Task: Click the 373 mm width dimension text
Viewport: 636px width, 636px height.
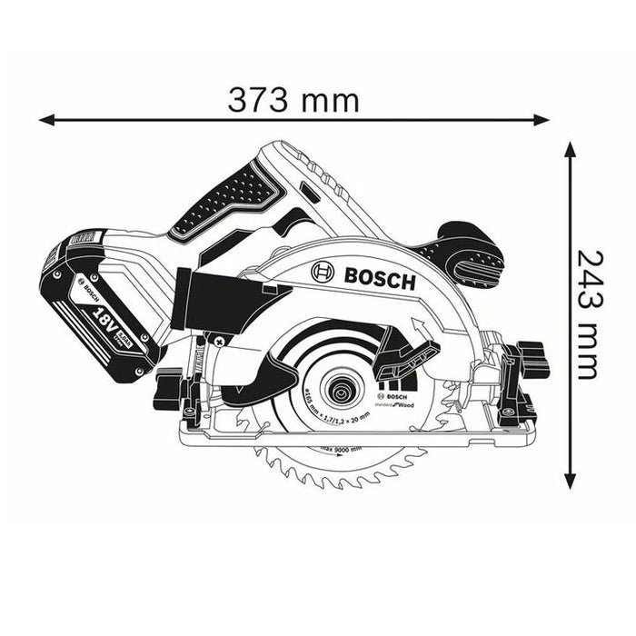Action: pyautogui.click(x=293, y=98)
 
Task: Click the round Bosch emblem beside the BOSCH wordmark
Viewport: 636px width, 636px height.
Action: pyautogui.click(x=322, y=272)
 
